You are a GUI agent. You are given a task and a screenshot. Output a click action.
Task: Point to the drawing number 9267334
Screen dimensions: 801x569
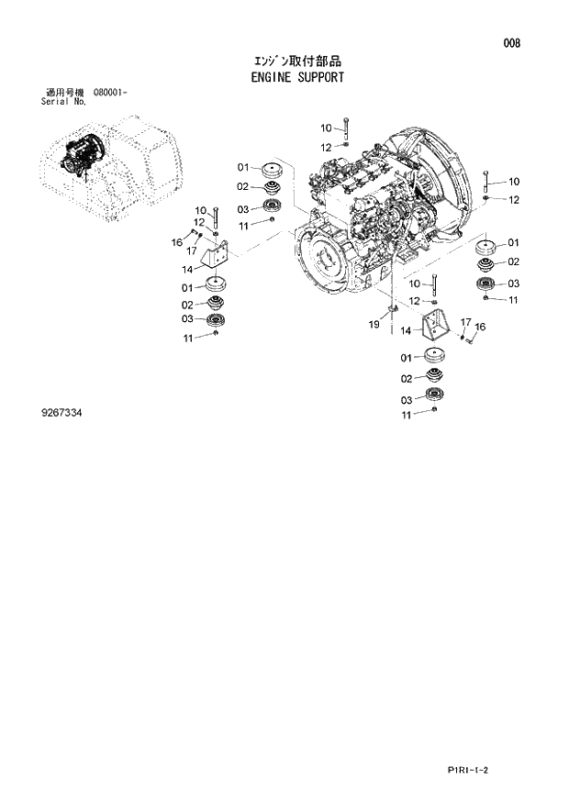pos(64,414)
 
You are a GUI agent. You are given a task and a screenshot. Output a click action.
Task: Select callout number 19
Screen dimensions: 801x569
pos(374,324)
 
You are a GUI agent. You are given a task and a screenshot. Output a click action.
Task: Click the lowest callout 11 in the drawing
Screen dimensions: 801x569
pos(407,416)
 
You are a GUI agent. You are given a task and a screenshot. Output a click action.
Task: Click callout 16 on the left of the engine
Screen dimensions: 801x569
pos(177,241)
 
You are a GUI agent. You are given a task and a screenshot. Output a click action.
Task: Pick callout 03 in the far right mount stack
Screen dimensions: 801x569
pos(513,284)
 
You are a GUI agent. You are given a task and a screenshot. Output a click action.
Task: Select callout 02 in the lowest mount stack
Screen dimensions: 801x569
pos(407,378)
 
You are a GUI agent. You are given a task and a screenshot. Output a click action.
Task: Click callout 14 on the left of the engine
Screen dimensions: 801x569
pos(186,270)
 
